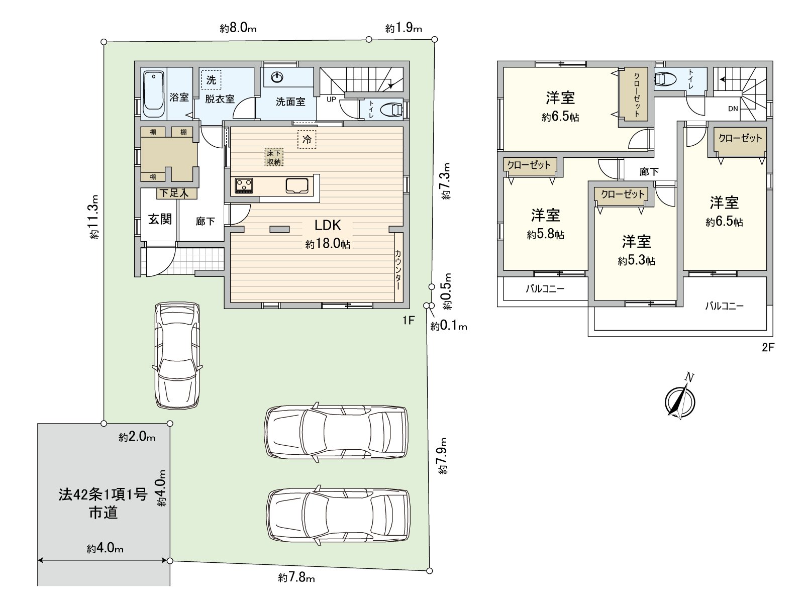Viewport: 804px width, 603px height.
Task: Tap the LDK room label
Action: (328, 226)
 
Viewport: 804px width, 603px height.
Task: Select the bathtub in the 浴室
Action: (153, 94)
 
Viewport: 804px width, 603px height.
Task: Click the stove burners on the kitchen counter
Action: (244, 185)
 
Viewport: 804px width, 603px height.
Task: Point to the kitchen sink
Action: (296, 185)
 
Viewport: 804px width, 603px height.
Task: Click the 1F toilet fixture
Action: (392, 110)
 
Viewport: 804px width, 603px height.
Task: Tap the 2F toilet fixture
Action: (664, 79)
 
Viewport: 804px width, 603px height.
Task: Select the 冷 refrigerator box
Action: (307, 140)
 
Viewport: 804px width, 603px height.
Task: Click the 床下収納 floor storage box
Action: (274, 157)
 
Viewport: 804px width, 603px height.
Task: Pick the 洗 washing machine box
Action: (211, 80)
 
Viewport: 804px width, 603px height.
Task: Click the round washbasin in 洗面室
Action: (277, 77)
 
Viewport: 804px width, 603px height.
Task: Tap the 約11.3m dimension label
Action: (94, 217)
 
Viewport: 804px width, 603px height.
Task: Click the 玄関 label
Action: (160, 219)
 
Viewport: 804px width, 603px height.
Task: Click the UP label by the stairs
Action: (331, 99)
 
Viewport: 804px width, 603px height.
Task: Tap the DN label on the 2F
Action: (733, 109)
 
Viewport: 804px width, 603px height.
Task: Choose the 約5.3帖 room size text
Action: (636, 261)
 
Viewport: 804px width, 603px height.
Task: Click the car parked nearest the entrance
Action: (177, 355)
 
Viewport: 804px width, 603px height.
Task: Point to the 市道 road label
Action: (104, 513)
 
